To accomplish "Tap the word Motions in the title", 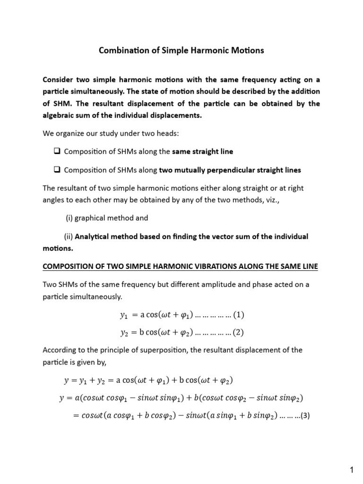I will point(247,50).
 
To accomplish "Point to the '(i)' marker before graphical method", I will point(69,218).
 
